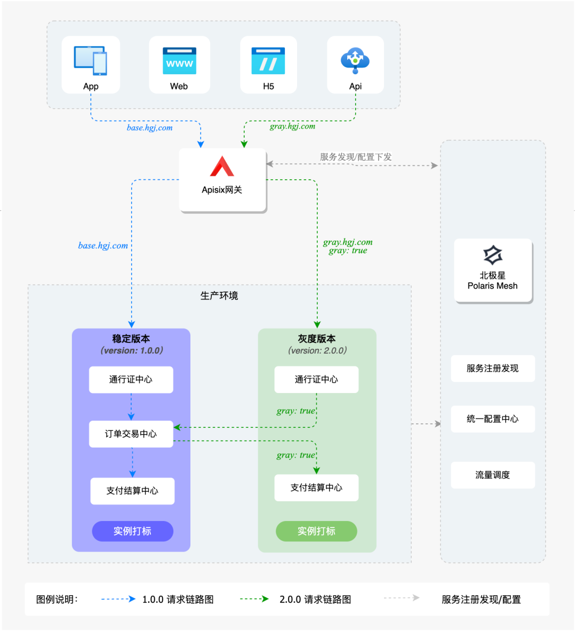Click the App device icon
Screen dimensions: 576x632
tap(91, 60)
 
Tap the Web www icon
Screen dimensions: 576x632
tap(179, 61)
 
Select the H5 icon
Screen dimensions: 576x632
tap(268, 61)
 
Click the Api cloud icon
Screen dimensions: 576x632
tap(355, 60)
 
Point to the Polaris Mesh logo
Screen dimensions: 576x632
tap(493, 255)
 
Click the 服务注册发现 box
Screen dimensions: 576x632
tap(493, 369)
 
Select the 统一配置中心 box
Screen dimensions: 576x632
tap(493, 419)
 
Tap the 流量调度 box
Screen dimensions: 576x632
tap(493, 475)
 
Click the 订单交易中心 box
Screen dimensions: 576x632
tap(131, 434)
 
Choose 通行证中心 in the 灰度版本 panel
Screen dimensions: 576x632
tap(316, 379)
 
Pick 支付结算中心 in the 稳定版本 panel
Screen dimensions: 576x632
tap(132, 491)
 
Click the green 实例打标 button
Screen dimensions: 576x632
tap(316, 531)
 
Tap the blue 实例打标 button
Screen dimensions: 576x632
tap(133, 531)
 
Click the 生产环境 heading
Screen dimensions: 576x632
tap(219, 296)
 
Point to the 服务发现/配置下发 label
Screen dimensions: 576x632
tap(356, 157)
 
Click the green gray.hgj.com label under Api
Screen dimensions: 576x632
tap(293, 126)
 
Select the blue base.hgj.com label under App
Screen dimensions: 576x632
tap(149, 128)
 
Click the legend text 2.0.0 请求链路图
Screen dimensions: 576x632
tap(315, 600)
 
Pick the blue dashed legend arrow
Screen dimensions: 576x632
tap(118, 599)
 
